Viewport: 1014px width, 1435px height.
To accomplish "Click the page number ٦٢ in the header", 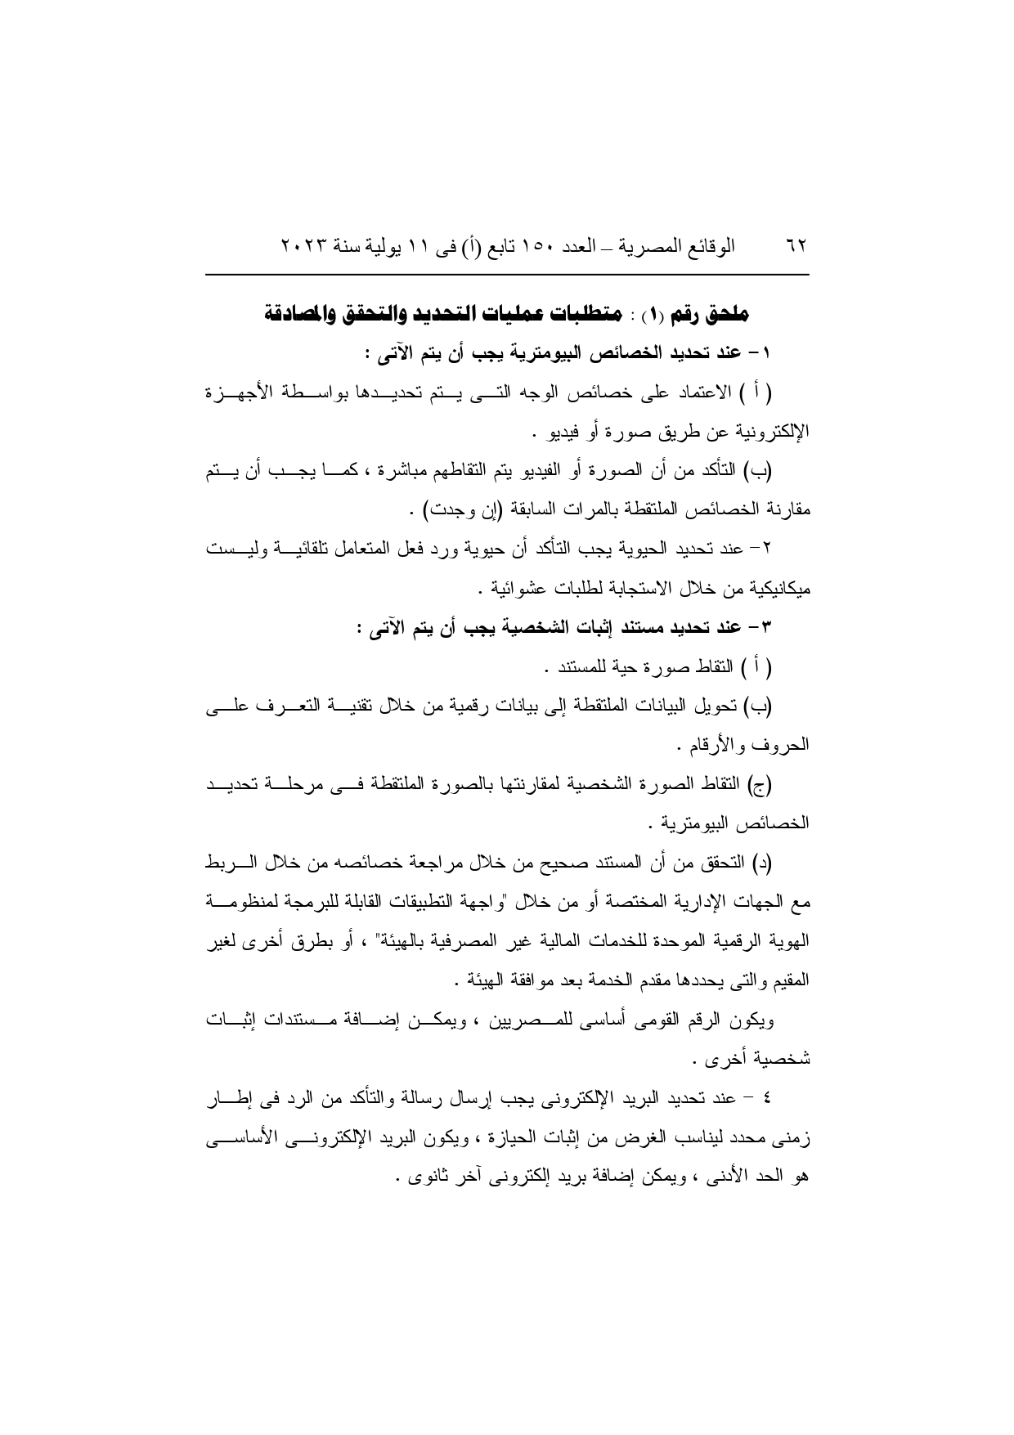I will [796, 245].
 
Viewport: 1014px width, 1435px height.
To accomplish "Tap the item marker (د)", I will [760, 864].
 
